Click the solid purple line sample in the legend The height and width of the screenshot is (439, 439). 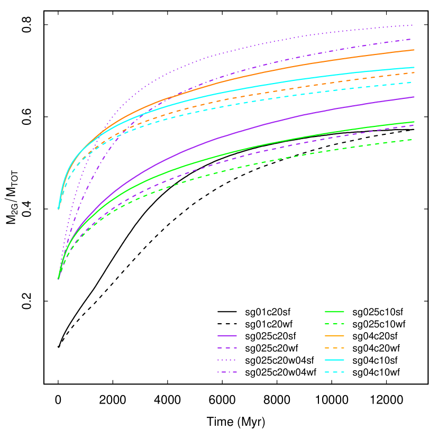pos(227,335)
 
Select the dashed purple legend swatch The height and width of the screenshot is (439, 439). pos(227,347)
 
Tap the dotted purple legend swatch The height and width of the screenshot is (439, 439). pos(227,360)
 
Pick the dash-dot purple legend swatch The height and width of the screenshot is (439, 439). pos(227,372)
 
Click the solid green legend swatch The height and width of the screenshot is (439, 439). pos(334,312)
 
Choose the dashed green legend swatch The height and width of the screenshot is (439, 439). pos(334,324)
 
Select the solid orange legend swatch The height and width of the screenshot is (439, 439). pos(334,335)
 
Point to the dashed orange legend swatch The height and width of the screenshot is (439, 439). pos(334,347)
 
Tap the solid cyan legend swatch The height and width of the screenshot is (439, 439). pos(334,360)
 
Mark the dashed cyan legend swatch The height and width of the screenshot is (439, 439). pos(334,372)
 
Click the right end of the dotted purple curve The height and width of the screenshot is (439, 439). pos(413,25)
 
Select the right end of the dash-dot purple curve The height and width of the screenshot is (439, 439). pos(413,39)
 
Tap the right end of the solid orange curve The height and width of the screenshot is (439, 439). pos(414,50)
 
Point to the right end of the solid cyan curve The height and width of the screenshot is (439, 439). pos(414,67)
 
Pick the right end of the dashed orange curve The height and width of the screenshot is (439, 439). pos(414,72)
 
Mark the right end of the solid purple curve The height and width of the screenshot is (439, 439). pos(414,97)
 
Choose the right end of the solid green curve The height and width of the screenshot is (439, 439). pos(414,122)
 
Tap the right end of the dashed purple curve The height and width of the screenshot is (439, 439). pos(414,125)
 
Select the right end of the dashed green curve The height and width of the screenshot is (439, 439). pos(413,140)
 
